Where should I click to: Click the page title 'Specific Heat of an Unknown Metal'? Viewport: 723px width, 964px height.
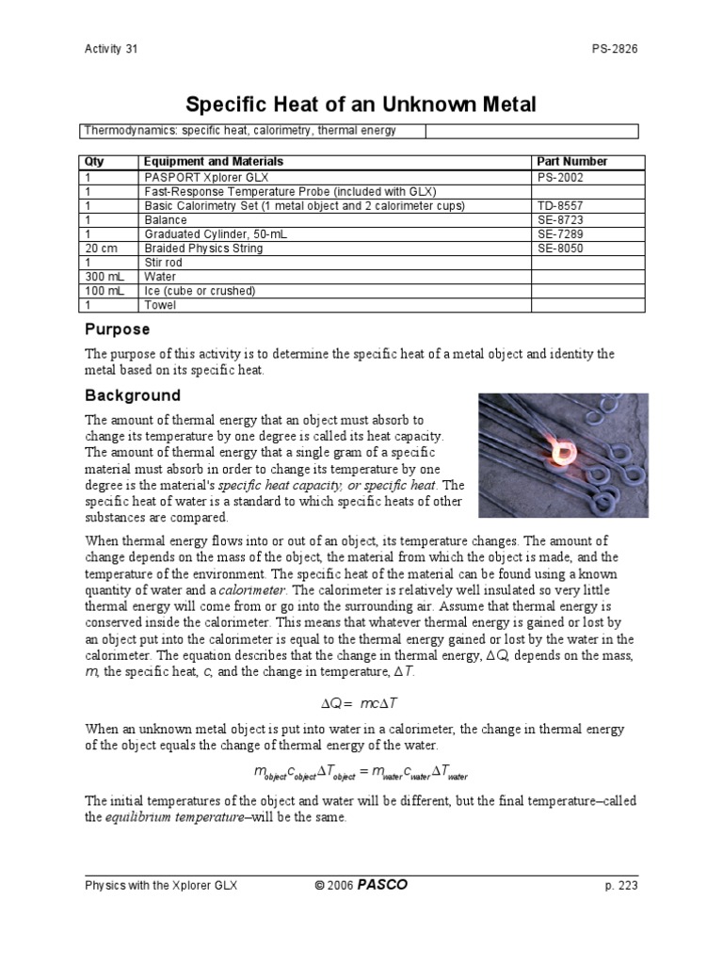point(361,103)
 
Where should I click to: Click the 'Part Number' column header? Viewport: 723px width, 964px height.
point(571,162)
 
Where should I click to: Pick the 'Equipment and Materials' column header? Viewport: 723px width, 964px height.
point(213,162)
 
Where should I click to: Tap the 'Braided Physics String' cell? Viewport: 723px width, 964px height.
point(203,249)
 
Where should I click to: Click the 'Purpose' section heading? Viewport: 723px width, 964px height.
point(117,329)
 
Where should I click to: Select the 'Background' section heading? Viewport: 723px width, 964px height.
point(133,395)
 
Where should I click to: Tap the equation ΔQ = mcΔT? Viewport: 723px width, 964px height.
point(361,702)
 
